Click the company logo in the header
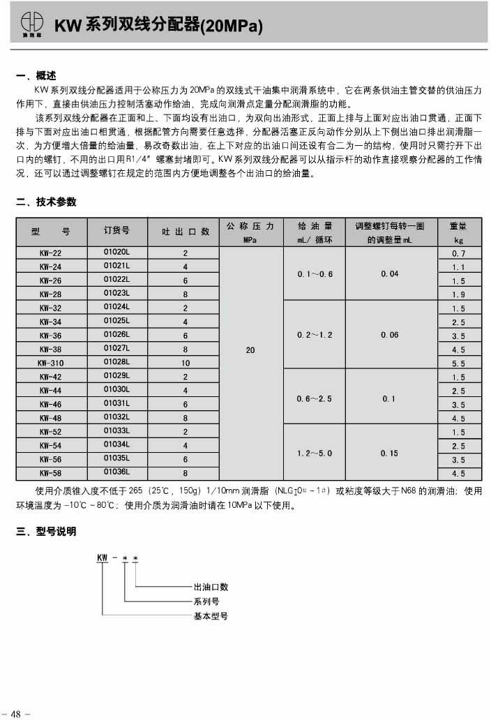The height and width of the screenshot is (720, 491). pos(31,24)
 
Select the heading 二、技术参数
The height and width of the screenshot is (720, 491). pos(46,202)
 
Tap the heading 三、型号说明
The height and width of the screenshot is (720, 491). pos(46,532)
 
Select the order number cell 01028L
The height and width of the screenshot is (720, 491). pos(116,363)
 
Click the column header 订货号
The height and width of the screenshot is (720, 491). pos(116,232)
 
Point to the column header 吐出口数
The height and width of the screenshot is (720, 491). pos(186,232)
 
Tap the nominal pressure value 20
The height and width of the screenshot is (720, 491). pos(250,350)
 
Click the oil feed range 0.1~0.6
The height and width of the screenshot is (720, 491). pos(315,274)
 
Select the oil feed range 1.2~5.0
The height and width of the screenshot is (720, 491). pos(315,453)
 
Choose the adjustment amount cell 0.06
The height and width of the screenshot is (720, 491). pos(390,336)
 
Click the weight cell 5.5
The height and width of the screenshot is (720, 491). pos(458,363)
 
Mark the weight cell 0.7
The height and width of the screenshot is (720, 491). pos(458,253)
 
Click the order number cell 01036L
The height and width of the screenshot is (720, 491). pos(116,472)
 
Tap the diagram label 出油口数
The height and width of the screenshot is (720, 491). pos(211,587)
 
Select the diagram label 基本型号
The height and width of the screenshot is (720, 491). pos(211,616)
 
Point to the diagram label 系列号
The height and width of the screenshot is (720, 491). pos(206,601)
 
